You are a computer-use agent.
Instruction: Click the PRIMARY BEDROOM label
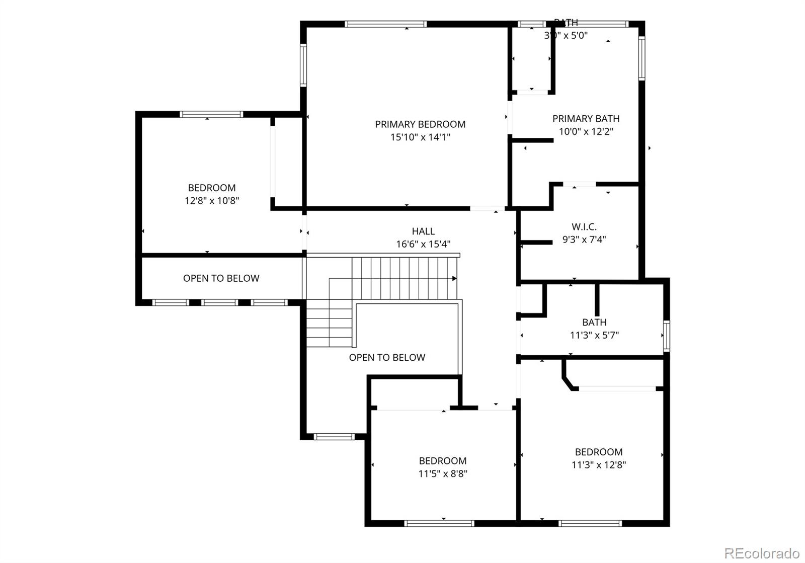coord(420,124)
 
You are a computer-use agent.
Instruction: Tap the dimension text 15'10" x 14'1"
coord(420,137)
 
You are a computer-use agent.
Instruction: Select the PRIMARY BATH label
coord(586,119)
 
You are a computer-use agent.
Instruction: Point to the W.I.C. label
coord(584,227)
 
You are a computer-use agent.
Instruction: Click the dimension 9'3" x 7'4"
coord(584,239)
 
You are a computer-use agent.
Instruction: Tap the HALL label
coord(423,231)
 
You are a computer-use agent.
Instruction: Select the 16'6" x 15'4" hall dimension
coord(423,245)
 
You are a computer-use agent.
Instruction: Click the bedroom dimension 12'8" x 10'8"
coord(211,201)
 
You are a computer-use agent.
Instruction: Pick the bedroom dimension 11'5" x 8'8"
coord(443,473)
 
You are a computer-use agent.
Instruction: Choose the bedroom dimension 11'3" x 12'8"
coord(599,465)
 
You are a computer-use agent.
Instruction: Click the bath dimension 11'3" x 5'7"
coord(594,335)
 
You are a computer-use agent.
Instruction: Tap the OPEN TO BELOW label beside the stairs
coord(387,358)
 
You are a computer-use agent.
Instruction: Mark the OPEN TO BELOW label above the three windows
coord(221,278)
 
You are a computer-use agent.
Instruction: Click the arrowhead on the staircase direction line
coord(454,278)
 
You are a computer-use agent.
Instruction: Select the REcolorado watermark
coord(762,553)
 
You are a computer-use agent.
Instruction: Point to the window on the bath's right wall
coord(666,336)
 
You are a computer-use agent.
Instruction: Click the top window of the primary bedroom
coord(385,24)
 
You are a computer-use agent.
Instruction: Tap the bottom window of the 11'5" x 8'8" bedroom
coord(439,523)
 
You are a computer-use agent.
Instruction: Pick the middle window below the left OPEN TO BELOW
coord(219,302)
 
